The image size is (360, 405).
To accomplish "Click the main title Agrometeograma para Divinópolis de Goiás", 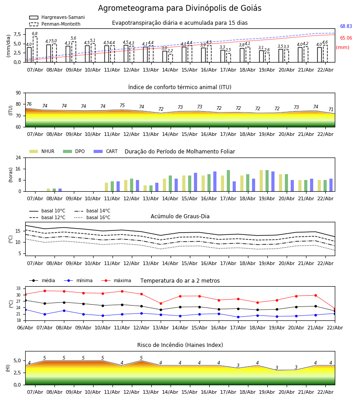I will click(x=180, y=9).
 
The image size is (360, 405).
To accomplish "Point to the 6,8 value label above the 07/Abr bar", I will click(x=35, y=34).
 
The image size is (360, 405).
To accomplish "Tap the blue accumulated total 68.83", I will click(x=346, y=27).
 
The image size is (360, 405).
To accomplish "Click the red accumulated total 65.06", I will click(x=346, y=38).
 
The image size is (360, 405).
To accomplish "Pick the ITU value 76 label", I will click(x=29, y=104).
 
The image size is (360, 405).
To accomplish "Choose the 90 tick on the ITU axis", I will click(x=18, y=93).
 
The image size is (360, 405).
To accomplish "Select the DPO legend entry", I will click(x=80, y=152).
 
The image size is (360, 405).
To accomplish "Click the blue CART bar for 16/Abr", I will click(x=215, y=181).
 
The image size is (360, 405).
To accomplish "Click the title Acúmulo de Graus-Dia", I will click(x=180, y=216).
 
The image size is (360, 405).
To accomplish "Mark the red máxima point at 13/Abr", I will click(x=161, y=303).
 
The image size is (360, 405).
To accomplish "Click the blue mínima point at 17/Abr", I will click(x=238, y=317).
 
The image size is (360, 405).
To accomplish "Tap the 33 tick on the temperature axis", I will click(x=18, y=288).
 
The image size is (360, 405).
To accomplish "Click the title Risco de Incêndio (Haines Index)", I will click(x=180, y=345).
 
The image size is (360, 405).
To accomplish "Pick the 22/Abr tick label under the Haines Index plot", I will click(x=325, y=392).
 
